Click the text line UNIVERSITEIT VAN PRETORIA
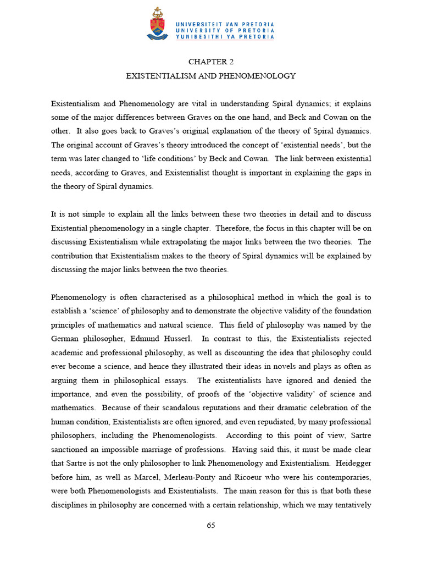[x=224, y=24]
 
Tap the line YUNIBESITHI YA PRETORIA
[x=224, y=37]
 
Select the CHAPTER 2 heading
[x=211, y=62]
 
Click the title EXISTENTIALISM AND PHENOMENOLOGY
[x=211, y=76]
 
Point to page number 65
[x=211, y=525]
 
